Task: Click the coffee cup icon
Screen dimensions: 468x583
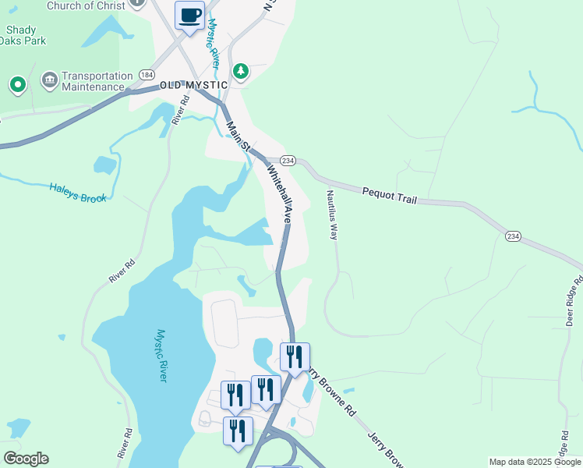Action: [190, 16]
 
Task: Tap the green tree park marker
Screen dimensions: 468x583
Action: [241, 72]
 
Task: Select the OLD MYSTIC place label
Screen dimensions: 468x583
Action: [193, 85]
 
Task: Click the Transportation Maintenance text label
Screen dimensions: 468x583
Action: [97, 81]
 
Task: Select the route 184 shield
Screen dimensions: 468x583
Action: [147, 74]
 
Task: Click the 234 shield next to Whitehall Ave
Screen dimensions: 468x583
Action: [288, 160]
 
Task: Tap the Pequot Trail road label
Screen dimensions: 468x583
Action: [389, 195]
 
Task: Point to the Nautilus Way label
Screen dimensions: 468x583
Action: [332, 214]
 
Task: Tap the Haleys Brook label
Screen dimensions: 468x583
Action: [78, 193]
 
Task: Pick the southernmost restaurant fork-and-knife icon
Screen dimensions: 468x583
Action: [238, 431]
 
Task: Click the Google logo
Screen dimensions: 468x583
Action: [26, 459]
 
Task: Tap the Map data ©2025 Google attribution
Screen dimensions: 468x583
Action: [535, 462]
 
